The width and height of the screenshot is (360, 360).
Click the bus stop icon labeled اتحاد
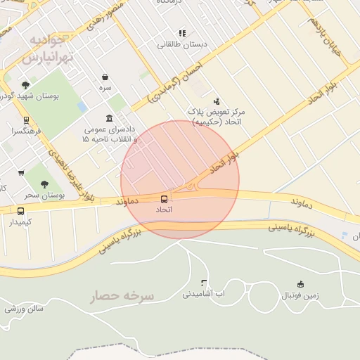[165, 200]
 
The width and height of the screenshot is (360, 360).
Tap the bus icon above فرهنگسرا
[26, 120]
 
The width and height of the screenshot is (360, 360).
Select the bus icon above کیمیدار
[20, 211]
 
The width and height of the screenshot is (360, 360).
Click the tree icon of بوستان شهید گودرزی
[26, 85]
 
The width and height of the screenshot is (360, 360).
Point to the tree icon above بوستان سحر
[44, 184]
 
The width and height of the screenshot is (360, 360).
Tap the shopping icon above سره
[105, 77]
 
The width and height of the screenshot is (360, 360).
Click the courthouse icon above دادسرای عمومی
[108, 118]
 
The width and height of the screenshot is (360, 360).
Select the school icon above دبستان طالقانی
[182, 32]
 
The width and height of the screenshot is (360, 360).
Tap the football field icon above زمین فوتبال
[301, 284]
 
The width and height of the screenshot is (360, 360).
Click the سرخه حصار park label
[122, 297]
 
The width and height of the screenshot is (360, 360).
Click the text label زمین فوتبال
[301, 295]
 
